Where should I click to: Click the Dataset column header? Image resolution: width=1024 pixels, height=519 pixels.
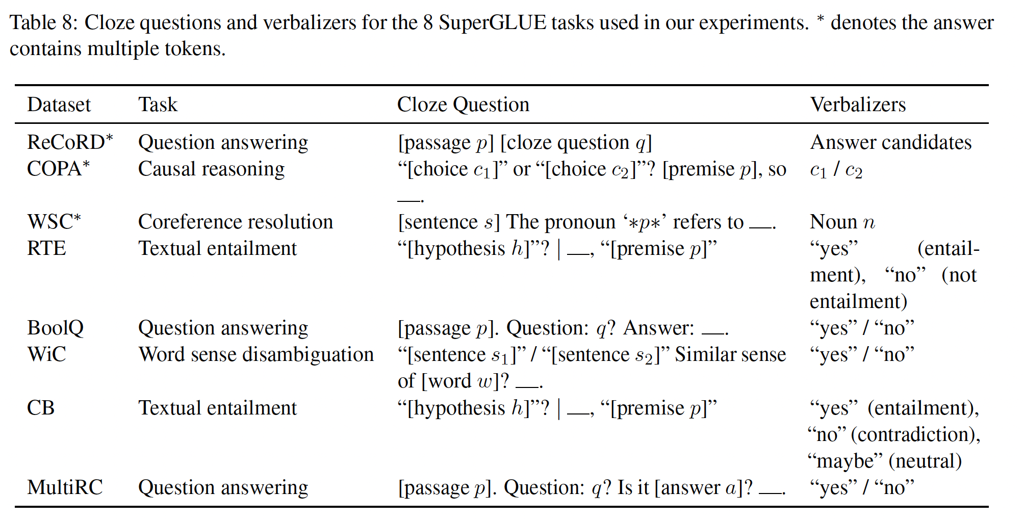(59, 105)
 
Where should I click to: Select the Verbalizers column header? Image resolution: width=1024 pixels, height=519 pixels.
(858, 105)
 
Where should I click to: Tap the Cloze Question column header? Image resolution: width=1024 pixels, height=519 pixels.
(463, 105)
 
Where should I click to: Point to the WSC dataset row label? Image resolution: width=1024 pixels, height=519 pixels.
(54, 222)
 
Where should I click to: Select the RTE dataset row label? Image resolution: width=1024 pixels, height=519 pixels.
(46, 248)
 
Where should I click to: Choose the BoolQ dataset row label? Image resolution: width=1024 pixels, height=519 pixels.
(55, 328)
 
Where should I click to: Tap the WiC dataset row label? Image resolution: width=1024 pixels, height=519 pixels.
(46, 354)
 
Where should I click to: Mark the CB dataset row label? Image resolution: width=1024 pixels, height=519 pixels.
(41, 408)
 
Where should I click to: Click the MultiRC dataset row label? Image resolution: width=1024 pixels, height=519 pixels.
(65, 487)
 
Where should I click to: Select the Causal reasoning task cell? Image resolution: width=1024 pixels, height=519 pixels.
(211, 169)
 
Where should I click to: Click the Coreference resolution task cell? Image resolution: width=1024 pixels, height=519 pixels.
(235, 222)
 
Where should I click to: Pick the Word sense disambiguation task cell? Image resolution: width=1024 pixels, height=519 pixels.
(256, 354)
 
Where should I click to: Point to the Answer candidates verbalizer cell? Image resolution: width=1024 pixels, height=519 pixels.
(890, 142)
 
